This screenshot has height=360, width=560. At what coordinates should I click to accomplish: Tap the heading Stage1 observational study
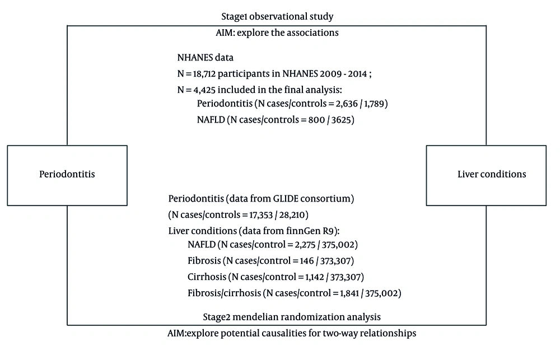coord(277,16)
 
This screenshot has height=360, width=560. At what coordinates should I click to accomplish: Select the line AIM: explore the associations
coord(277,32)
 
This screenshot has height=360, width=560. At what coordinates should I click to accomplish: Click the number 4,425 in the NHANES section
coord(204,90)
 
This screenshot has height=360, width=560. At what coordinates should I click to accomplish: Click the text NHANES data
coord(206,58)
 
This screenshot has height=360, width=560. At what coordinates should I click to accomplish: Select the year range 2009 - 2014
coord(344,74)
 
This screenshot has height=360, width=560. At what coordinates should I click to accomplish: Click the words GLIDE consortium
coord(311,199)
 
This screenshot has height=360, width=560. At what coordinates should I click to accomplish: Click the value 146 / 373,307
coord(325,261)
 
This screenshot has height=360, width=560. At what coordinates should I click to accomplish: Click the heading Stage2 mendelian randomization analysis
coord(292,317)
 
